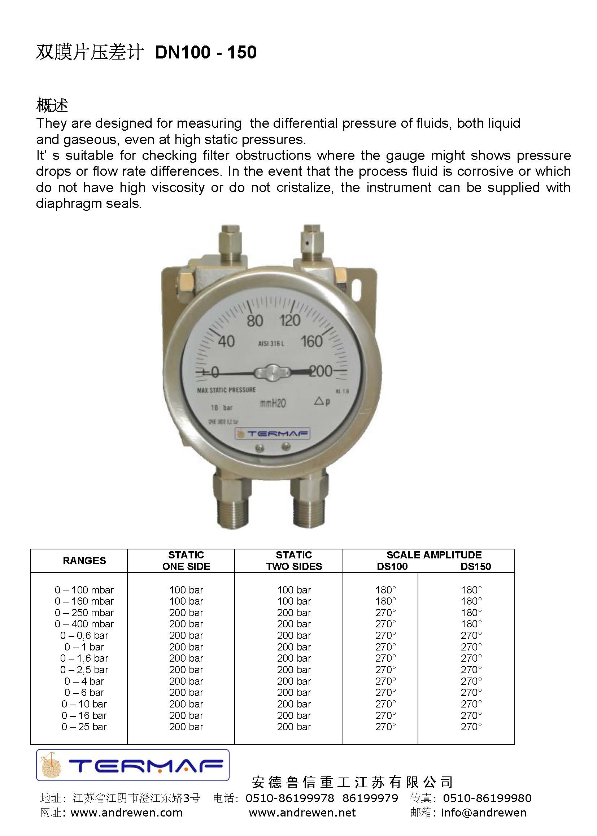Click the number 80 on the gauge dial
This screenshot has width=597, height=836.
pyautogui.click(x=254, y=321)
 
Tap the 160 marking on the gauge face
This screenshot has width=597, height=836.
pyautogui.click(x=312, y=341)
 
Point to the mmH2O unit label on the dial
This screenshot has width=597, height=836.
pyautogui.click(x=273, y=403)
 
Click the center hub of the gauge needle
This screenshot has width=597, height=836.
pyautogui.click(x=272, y=372)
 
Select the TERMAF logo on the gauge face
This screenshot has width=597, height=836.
pyautogui.click(x=272, y=434)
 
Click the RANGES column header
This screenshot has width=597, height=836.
pyautogui.click(x=84, y=561)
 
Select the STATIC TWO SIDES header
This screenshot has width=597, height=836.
pyautogui.click(x=294, y=561)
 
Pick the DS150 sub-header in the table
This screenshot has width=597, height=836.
pyautogui.click(x=476, y=566)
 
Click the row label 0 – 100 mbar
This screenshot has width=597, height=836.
pyautogui.click(x=84, y=590)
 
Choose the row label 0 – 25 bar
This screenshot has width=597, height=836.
pyautogui.click(x=84, y=727)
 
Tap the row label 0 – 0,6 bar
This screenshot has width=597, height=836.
pyautogui.click(x=84, y=636)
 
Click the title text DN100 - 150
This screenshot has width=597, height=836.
pyautogui.click(x=205, y=52)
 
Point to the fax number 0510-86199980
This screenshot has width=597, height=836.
pyautogui.click(x=487, y=798)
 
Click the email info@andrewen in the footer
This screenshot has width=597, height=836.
pyautogui.click(x=484, y=813)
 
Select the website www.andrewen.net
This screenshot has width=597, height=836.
pyautogui.click(x=302, y=813)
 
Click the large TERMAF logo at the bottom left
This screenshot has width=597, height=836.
pyautogui.click(x=133, y=765)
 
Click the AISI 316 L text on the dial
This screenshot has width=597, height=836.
pyautogui.click(x=271, y=344)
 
